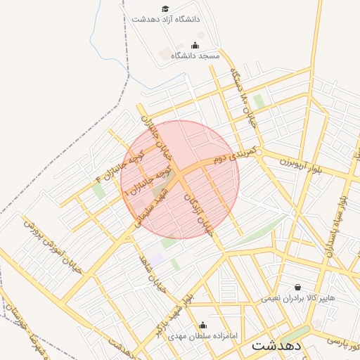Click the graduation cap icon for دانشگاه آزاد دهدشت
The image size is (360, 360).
point(165,9)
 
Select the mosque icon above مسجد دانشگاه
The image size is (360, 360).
point(195,46)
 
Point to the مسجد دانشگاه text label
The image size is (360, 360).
point(195,56)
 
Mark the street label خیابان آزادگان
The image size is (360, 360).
point(199,214)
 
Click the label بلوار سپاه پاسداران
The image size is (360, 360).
point(335,221)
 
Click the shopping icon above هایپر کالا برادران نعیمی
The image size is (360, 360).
point(297,287)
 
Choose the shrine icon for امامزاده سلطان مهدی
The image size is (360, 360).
point(202,325)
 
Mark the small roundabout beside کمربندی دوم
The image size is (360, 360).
point(259,153)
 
